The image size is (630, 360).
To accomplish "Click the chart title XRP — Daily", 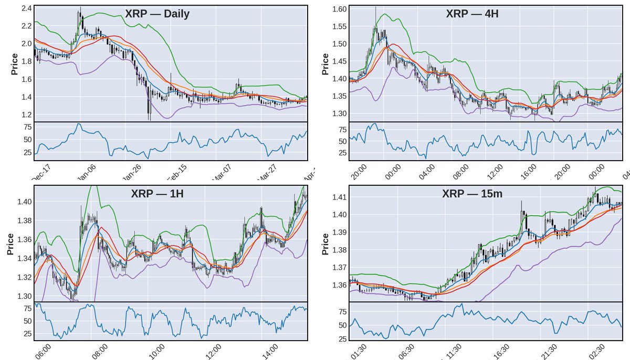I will [x=157, y=14].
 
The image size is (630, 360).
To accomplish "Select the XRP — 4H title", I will [x=472, y=14].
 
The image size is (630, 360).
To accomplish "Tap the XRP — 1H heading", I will [x=157, y=194].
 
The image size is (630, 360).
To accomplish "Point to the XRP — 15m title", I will [x=472, y=194].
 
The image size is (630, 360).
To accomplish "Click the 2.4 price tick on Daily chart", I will [x=25, y=9].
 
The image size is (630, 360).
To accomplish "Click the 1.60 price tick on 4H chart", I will [x=339, y=9].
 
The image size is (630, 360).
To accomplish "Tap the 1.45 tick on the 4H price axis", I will [x=339, y=61].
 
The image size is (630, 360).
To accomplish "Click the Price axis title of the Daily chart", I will [x=14, y=62].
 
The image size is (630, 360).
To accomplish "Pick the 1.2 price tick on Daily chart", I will [x=25, y=114].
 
